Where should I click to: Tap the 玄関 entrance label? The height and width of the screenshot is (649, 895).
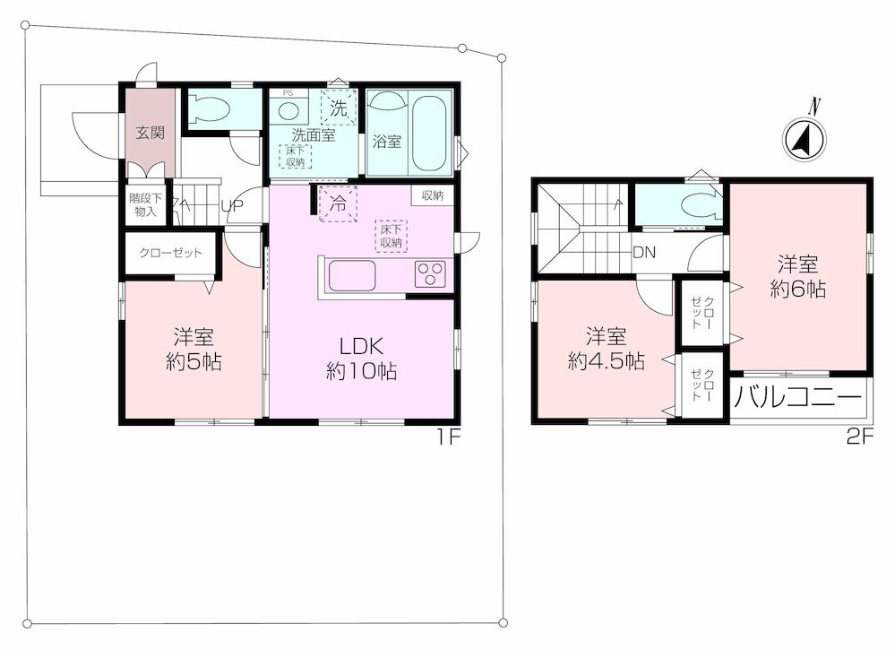[150, 134]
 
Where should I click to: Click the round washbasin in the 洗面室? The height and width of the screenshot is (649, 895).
[288, 111]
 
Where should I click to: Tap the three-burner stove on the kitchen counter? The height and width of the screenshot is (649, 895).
[430, 274]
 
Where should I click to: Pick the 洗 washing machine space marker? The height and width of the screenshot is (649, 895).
[338, 108]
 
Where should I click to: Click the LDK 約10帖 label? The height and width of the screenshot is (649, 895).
[361, 357]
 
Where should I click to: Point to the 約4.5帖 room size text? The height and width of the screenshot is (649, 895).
[606, 361]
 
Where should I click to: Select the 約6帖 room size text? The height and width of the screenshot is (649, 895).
[797, 289]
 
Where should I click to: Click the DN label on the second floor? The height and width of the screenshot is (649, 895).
[643, 253]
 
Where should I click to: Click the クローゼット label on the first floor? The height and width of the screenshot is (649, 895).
[170, 253]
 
